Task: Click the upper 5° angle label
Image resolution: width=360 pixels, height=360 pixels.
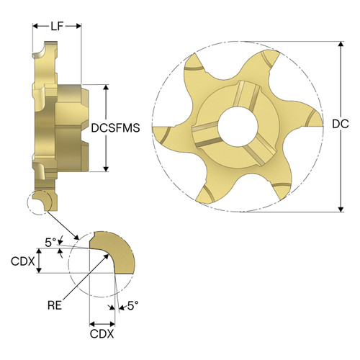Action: [x=50, y=243]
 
